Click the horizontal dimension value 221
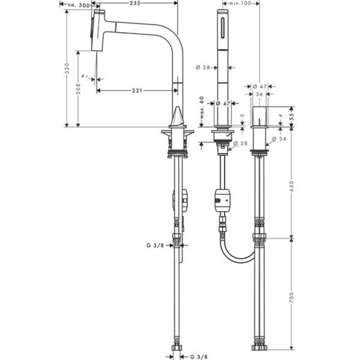(x=137, y=90)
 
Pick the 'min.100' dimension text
(x=240, y=4)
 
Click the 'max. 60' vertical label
(x=202, y=107)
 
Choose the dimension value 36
(x=259, y=94)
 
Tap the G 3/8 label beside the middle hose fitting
(x=155, y=245)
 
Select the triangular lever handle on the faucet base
(x=178, y=116)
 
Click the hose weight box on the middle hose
(x=221, y=200)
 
